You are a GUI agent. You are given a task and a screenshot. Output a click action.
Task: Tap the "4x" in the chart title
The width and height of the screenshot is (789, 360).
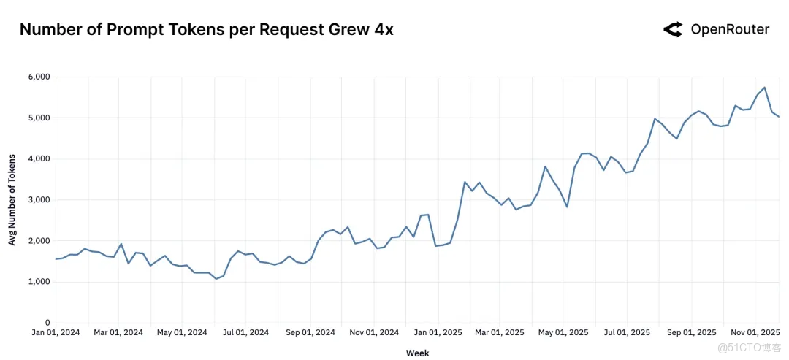pos(381,30)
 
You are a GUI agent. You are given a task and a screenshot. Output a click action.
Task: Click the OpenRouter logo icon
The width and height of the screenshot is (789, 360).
pos(673,29)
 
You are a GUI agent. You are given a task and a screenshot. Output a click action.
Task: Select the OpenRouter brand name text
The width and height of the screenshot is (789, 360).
pos(730,29)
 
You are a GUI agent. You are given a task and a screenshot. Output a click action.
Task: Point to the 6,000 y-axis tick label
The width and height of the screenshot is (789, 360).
pos(38,77)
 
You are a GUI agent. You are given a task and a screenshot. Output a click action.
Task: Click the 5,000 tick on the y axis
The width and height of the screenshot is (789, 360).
pos(38,118)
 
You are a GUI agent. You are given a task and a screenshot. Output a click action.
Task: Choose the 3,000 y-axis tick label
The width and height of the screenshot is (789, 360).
pos(38,200)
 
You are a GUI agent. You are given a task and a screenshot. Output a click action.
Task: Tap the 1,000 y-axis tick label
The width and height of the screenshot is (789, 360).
pos(38,282)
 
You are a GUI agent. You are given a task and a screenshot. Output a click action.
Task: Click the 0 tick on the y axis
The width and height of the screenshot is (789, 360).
pos(46,323)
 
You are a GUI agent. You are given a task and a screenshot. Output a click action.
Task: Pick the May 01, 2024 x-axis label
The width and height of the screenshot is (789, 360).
pos(183,332)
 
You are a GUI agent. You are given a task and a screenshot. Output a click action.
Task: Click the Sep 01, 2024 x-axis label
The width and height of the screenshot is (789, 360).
pos(310,332)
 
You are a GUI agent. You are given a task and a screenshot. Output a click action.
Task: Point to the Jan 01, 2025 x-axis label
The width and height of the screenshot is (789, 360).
pos(438,332)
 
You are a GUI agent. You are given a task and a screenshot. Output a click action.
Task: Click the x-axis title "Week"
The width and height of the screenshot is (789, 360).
pos(418,353)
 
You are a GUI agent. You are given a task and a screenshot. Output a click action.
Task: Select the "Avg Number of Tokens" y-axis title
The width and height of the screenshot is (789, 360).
pos(12,200)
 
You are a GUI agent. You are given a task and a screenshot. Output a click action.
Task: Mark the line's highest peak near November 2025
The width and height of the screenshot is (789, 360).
pos(764,88)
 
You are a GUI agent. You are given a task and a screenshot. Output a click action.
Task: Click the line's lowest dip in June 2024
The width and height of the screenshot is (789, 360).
pos(216,279)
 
